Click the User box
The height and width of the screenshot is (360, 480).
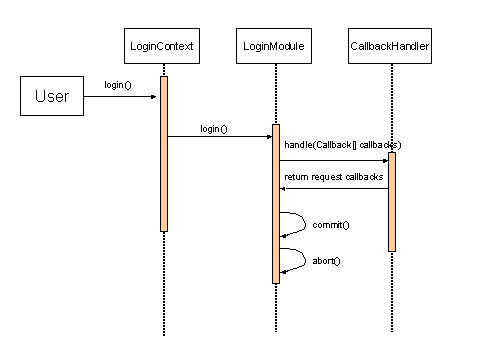(52, 97)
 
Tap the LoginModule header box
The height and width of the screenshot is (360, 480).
(274, 46)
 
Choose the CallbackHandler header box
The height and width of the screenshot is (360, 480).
(391, 46)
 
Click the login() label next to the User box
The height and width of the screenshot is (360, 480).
(118, 85)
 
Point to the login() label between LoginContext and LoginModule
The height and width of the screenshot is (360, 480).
(213, 128)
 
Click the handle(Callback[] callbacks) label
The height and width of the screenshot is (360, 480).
(334, 146)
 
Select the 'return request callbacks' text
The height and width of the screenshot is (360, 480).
(334, 177)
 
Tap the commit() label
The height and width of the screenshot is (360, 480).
(331, 225)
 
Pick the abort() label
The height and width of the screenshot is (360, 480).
(327, 260)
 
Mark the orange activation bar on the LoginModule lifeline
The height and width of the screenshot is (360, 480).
(276, 200)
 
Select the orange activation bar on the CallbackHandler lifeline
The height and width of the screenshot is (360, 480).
(392, 200)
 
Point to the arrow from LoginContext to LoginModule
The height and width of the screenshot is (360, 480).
(220, 137)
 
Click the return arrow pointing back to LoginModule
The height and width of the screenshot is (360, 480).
(334, 188)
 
